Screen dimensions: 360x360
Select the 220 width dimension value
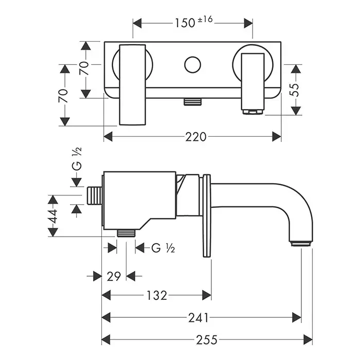196,137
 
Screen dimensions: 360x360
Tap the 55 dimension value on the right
295,91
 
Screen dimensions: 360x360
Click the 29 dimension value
115,276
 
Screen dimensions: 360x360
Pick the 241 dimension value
198,317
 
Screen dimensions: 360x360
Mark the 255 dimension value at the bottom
206,339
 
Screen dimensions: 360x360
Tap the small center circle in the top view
193,65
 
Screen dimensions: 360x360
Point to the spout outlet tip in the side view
301,242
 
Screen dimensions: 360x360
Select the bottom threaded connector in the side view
126,233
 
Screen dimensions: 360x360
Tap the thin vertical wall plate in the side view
207,216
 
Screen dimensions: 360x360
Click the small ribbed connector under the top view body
192,101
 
